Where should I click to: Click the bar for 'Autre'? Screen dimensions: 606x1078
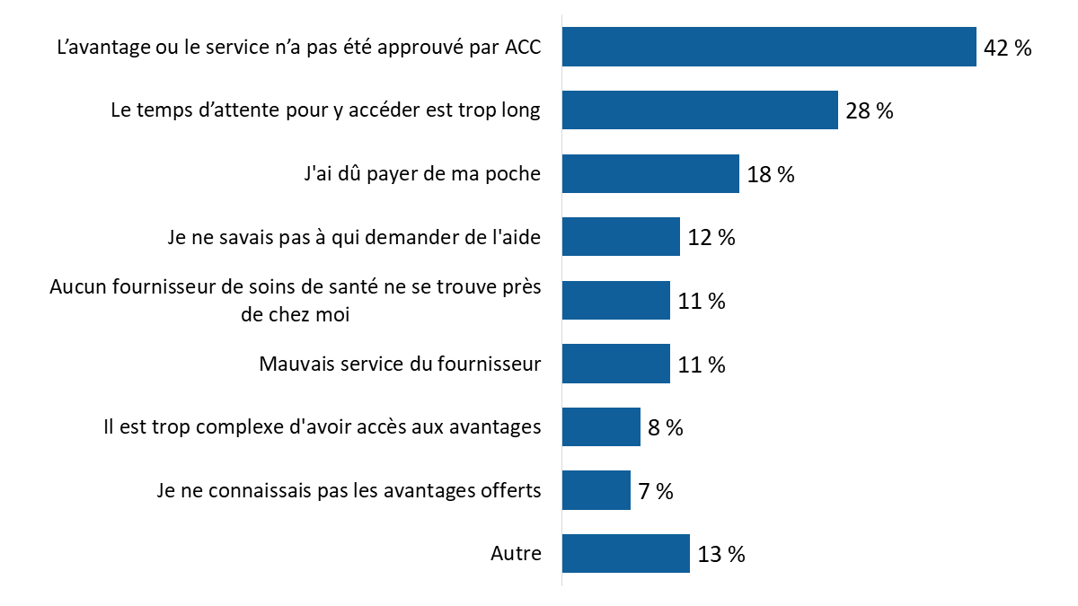click(625, 554)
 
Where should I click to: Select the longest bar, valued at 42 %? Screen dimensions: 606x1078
click(769, 47)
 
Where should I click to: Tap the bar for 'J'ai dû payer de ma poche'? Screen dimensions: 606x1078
click(650, 173)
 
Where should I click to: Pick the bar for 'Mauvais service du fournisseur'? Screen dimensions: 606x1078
click(616, 364)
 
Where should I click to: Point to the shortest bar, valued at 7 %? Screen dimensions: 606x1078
click(596, 490)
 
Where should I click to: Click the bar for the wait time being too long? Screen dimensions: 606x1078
click(700, 110)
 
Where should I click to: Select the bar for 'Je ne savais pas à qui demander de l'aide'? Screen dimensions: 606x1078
click(621, 237)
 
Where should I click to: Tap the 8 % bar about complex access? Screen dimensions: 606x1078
click(601, 427)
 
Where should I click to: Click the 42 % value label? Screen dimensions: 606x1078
click(1008, 48)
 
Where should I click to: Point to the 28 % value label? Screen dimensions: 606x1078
click(869, 111)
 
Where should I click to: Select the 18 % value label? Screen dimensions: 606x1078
click(771, 175)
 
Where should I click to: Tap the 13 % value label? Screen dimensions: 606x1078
click(721, 555)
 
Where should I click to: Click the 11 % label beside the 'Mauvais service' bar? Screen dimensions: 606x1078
click(702, 365)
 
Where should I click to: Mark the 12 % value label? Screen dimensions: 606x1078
click(711, 238)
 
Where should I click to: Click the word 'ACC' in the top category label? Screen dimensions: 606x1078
click(522, 47)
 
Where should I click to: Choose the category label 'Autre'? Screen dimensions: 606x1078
click(516, 554)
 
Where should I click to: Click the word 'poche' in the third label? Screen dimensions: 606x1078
click(515, 174)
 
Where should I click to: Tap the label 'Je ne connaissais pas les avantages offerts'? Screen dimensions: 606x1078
click(349, 490)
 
